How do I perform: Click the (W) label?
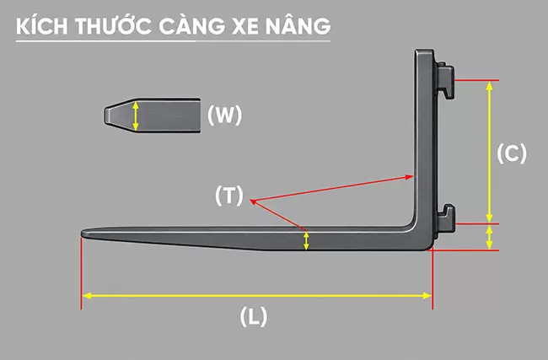(224, 115)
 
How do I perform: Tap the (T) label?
(229, 196)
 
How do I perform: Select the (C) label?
(512, 153)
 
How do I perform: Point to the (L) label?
(254, 316)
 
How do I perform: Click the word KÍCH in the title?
(41, 26)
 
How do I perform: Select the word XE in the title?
(245, 26)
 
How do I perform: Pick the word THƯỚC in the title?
(113, 25)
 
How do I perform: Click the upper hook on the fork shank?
(445, 80)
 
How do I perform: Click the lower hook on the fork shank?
(446, 219)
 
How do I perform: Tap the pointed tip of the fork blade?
(83, 234)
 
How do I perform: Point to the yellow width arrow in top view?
(136, 116)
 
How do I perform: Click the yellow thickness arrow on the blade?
(306, 241)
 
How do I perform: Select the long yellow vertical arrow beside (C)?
(489, 152)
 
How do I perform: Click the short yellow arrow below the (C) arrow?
(489, 237)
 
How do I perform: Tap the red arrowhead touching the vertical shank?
(410, 177)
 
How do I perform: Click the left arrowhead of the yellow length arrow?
(87, 296)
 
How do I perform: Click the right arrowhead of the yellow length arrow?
(427, 296)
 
